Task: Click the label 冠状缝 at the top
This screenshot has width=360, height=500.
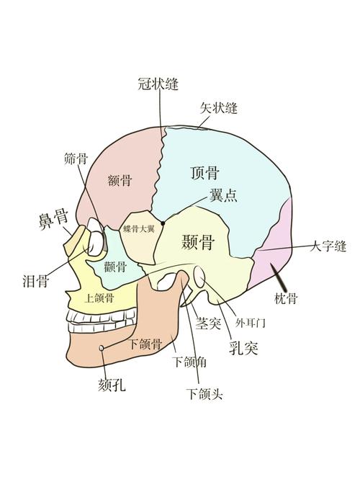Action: coord(158,84)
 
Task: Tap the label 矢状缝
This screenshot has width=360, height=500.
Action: coord(219,108)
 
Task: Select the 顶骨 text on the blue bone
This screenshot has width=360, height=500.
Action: coord(205,173)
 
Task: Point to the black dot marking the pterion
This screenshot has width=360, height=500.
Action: coord(163,223)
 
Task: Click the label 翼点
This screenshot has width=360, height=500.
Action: coord(223,195)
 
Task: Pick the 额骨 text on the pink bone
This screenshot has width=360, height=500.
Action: coord(120,181)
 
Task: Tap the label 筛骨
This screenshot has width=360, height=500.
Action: coord(76,159)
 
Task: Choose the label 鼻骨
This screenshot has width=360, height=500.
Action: coord(53,219)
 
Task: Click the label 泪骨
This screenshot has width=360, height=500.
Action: coord(36,281)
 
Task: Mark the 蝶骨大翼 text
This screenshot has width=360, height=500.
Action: coord(138,228)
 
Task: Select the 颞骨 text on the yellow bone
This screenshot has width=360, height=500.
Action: coord(198,242)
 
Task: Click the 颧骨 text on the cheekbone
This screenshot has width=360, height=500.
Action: coord(115,267)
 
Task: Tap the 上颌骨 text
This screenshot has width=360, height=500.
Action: coord(99,298)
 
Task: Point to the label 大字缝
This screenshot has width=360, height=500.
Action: coord(328,246)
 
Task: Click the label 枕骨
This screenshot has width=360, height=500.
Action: coord(286,299)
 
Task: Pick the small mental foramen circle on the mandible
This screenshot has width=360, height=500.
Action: coord(102,348)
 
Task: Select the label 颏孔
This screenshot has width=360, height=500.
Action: coord(112,385)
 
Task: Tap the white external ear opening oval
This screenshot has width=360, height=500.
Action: coord(199,277)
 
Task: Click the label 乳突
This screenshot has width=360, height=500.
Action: coord(243,348)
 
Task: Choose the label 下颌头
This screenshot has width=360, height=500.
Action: coord(204,394)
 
